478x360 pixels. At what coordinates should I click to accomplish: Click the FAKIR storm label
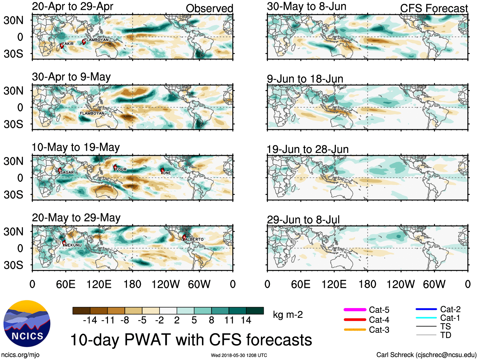68,44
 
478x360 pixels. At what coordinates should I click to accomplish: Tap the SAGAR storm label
67,172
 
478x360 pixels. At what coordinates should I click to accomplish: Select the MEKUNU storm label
73,245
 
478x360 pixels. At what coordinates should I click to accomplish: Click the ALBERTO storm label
194,239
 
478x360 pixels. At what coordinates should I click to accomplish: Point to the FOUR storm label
121,169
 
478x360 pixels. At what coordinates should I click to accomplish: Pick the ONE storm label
167,173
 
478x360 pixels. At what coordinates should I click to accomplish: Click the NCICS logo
27,323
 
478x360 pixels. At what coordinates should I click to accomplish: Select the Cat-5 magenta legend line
355,310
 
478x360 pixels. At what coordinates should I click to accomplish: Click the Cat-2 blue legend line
426,309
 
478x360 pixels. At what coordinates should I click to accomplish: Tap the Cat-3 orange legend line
355,330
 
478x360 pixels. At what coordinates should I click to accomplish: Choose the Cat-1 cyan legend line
426,318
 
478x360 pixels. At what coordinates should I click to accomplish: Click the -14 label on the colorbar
90,320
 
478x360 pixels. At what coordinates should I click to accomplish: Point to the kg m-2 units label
288,315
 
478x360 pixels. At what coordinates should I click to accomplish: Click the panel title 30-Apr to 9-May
71,77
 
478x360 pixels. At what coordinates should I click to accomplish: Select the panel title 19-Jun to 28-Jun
307,149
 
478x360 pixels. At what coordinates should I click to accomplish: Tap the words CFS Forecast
434,9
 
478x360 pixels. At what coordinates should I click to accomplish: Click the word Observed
209,9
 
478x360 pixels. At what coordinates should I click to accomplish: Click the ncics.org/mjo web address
20,355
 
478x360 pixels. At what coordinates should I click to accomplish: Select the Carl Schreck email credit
426,355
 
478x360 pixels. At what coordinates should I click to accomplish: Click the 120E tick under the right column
334,284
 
